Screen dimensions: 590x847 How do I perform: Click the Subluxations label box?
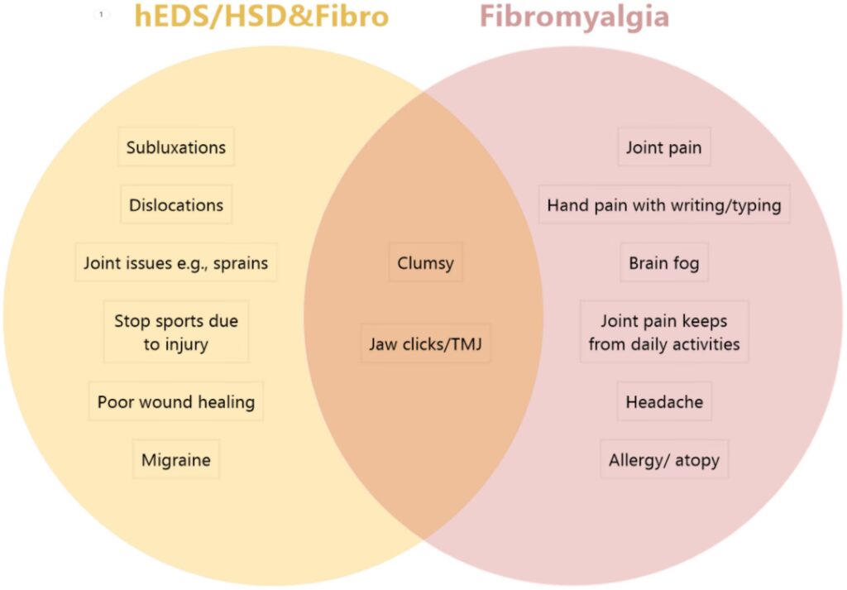click(x=175, y=148)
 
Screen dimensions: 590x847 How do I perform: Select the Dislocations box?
click(x=175, y=205)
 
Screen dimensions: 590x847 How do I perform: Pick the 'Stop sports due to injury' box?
click(x=175, y=332)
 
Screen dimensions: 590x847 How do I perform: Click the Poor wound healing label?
click(x=175, y=403)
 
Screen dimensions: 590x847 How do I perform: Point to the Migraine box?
click(x=175, y=460)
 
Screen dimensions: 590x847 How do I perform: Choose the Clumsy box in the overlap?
click(x=425, y=264)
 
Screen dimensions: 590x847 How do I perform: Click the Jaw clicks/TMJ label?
click(x=425, y=344)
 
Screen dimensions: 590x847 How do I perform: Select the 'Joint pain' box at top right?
click(x=663, y=148)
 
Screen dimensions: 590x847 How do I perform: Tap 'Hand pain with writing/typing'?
click(x=663, y=205)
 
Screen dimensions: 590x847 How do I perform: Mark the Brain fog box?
click(x=663, y=264)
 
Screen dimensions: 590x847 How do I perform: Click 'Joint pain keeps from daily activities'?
click(x=663, y=332)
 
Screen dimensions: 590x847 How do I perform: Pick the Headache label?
click(x=663, y=403)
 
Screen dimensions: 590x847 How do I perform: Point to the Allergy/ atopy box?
click(x=663, y=460)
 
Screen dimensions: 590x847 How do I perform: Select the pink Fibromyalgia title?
click(x=574, y=17)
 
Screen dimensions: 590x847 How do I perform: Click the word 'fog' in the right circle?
click(x=685, y=264)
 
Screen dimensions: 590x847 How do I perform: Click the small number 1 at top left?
click(x=103, y=15)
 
